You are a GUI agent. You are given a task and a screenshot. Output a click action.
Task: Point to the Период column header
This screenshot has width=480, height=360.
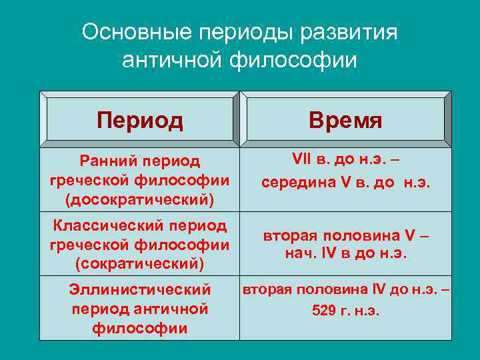click(x=140, y=120)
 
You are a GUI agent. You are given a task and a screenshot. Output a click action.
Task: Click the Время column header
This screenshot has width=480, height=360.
click(x=345, y=120)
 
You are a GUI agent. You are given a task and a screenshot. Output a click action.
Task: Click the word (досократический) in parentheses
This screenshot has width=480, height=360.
click(x=140, y=199)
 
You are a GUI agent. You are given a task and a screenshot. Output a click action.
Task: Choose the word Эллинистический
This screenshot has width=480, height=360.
click(x=140, y=289)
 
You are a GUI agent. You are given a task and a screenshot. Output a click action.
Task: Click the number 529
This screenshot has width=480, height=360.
click(x=324, y=310)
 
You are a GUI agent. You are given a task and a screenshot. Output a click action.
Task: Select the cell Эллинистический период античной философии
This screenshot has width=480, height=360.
click(x=140, y=309)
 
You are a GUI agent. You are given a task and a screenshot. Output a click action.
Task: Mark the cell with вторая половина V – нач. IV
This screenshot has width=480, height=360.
click(x=345, y=245)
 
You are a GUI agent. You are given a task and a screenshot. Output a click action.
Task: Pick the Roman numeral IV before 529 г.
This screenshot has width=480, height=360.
click(x=378, y=290)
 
